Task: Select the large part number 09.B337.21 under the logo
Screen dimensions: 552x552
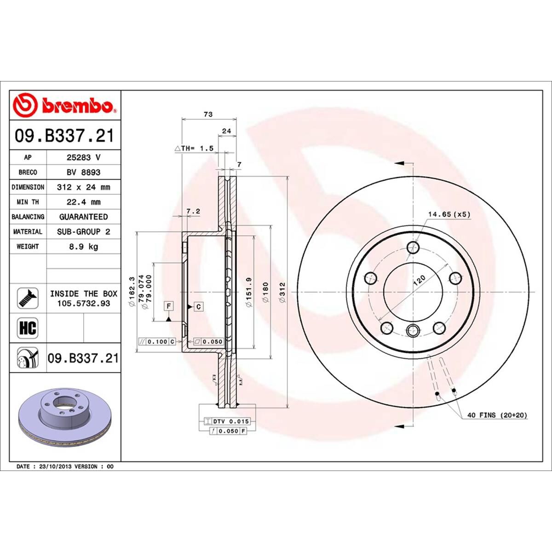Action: click(64, 136)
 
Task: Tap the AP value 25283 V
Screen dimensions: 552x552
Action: click(83, 157)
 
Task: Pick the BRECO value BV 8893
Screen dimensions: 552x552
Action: click(83, 172)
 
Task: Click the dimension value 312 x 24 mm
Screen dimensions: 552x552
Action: click(83, 187)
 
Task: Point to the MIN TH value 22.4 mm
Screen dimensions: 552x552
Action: click(83, 202)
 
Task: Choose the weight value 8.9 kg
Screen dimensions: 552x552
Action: click(83, 247)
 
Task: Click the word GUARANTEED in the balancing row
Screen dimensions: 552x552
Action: click(83, 217)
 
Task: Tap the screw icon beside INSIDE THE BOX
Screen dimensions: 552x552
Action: click(28, 299)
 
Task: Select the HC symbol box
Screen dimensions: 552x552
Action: click(28, 328)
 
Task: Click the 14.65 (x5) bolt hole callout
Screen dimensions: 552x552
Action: click(449, 214)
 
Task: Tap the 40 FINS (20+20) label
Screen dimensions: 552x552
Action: click(497, 415)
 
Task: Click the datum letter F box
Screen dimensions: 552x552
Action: click(169, 306)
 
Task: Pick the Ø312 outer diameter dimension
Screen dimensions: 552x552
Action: click(282, 292)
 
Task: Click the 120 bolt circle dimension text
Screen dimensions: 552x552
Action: click(418, 281)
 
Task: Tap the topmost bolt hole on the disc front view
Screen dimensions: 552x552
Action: click(414, 247)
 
